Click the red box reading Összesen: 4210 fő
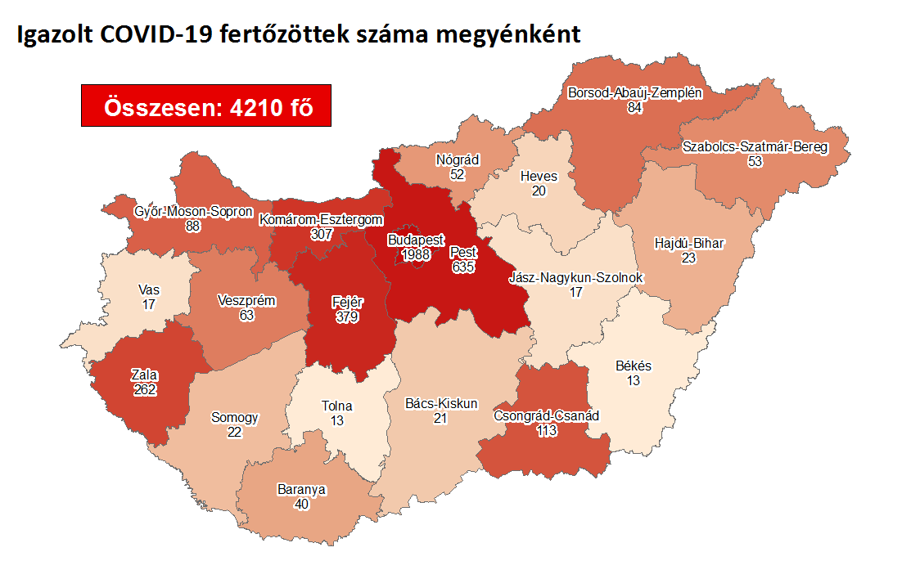pos(205,105)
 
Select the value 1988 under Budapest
pos(415,255)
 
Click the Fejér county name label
pos(347,302)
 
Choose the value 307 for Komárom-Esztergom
pos(321,234)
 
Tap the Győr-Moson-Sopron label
pos(193,212)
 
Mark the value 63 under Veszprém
pos(246,314)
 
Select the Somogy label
pos(235,418)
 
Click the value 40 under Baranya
pos(302,504)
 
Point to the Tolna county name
pos(338,406)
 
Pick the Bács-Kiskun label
pos(441,404)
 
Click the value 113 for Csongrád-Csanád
pos(547,430)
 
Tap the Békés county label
pos(634,366)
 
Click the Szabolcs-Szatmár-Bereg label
pos(755,147)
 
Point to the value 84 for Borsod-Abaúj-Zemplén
pos(634,107)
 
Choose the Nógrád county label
pos(458,160)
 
